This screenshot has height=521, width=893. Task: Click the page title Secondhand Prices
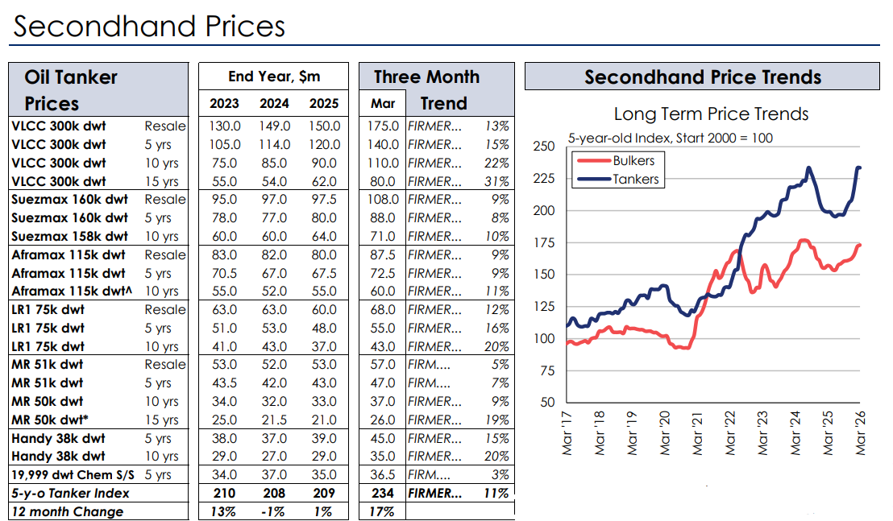point(149,26)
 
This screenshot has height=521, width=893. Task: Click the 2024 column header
point(274,104)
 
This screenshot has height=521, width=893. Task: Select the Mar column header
point(383,104)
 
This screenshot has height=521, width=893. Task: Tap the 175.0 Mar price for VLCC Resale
point(383,126)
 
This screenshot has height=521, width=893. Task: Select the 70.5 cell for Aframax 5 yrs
point(225,273)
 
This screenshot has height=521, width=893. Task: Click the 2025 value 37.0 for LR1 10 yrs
point(324,347)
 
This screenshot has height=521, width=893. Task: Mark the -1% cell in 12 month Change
point(274,512)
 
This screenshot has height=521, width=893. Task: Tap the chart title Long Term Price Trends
point(711,114)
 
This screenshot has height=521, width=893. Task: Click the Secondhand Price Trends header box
point(702,77)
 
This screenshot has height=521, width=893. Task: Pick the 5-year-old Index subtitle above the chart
point(670,138)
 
